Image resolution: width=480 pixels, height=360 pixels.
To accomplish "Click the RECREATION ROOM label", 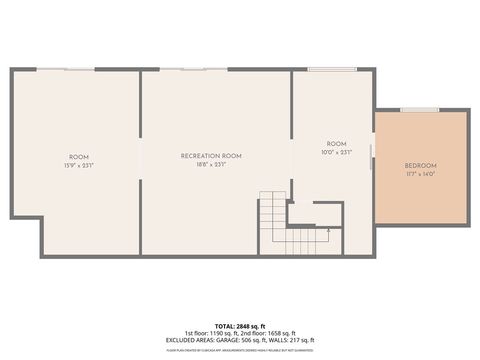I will (x=211, y=156).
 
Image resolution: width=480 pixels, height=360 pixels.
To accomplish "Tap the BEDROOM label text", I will (x=420, y=165).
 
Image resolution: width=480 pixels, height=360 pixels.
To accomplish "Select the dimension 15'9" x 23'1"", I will (x=78, y=165).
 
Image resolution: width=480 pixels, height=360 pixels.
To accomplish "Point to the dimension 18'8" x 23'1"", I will (x=211, y=165).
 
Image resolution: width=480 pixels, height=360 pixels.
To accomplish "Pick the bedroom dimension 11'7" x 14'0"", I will (x=420, y=173).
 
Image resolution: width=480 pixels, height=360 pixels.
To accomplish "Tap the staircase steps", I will (x=272, y=222).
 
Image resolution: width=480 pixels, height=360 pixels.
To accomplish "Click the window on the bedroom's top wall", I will (x=420, y=110).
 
